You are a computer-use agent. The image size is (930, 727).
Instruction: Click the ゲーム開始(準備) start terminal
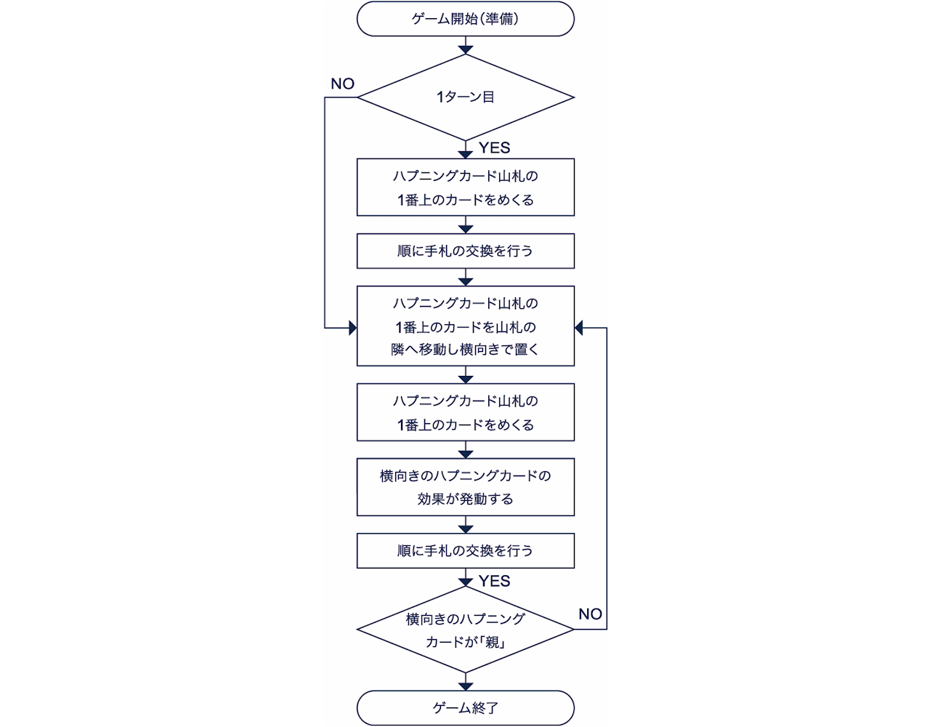[465, 19]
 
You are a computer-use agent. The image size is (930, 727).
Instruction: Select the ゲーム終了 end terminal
[465, 707]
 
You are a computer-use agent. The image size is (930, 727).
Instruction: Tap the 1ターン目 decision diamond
[465, 97]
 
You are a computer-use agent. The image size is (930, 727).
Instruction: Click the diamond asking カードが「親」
[465, 630]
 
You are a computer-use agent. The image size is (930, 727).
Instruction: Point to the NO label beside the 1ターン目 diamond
[342, 84]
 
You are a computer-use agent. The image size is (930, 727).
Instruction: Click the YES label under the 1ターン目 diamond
[494, 148]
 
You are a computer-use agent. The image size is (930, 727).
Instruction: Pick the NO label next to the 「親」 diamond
[590, 614]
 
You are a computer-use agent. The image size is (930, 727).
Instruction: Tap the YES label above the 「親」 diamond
[494, 581]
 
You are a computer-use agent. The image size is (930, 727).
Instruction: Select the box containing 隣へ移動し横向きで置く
[465, 326]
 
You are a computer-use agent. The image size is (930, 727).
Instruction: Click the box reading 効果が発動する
[465, 486]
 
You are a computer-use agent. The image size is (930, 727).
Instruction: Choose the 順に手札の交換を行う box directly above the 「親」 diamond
[465, 550]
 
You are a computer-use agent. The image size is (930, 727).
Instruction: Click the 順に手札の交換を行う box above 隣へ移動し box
[465, 251]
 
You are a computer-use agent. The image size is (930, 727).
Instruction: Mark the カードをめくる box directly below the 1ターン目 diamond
[465, 187]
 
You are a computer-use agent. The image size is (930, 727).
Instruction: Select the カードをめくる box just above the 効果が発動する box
[465, 412]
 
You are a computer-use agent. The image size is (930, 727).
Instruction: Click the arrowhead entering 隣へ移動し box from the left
[352, 329]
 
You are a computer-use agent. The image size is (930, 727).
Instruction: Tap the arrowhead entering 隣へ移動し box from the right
[579, 329]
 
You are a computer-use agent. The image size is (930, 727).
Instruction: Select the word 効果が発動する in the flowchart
[465, 499]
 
